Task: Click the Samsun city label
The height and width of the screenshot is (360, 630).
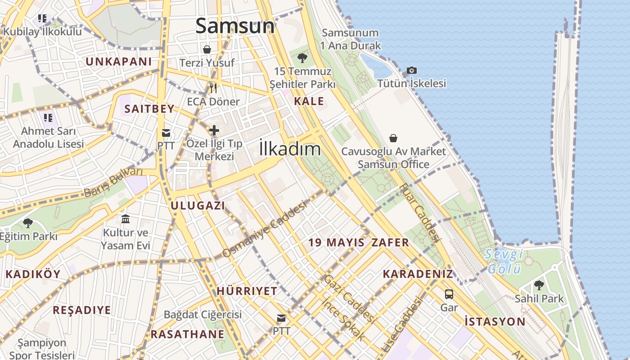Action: (235, 26)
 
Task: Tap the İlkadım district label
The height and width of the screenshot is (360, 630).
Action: (290, 149)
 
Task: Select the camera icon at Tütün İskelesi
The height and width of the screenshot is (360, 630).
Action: (411, 70)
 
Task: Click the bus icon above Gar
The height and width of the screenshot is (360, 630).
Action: (449, 294)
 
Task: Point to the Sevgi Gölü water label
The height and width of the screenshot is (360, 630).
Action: (504, 261)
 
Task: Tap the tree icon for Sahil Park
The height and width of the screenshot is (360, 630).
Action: (539, 285)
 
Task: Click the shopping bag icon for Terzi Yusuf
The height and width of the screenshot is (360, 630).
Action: (207, 49)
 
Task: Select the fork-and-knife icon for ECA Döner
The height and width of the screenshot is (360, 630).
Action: (213, 88)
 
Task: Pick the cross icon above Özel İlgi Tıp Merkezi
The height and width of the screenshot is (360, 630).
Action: (214, 130)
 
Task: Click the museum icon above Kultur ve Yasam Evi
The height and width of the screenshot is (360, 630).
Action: (126, 219)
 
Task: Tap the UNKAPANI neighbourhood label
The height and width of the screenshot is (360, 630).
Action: (119, 62)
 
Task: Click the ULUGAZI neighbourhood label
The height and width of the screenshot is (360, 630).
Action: (198, 206)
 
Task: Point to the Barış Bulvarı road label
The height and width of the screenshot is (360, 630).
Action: (113, 182)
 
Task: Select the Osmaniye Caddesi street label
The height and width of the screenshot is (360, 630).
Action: (264, 229)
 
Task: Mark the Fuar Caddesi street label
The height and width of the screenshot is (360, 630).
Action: (418, 212)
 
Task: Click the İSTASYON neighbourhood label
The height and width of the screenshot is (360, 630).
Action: (495, 321)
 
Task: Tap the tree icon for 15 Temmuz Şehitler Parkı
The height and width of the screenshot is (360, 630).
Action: (302, 58)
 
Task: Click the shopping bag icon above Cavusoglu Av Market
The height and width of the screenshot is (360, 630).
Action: (393, 138)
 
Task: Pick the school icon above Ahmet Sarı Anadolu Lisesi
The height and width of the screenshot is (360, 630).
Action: (48, 118)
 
